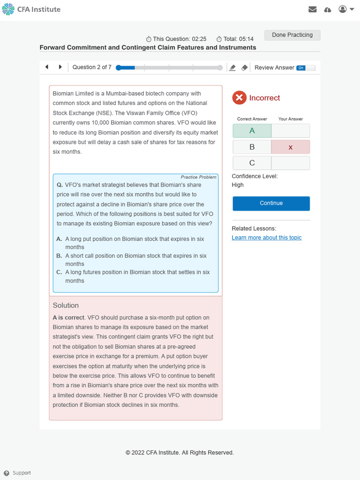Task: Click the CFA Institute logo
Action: coord(31,9)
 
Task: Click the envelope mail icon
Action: coord(313,9)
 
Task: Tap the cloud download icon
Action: coord(328,9)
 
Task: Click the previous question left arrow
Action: coord(47,67)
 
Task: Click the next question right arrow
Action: coord(60,67)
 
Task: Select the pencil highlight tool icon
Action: coord(232,67)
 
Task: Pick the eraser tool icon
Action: coord(244,67)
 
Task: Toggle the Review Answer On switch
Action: coord(306,67)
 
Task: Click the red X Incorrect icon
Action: coord(239,97)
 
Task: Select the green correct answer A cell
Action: coord(252,131)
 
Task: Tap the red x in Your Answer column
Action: coord(290,147)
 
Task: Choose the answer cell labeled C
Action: coord(252,163)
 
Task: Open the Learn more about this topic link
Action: coord(267,238)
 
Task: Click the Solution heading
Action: coord(66,305)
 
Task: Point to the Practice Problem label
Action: coord(199,177)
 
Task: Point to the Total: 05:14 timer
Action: coord(235,39)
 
